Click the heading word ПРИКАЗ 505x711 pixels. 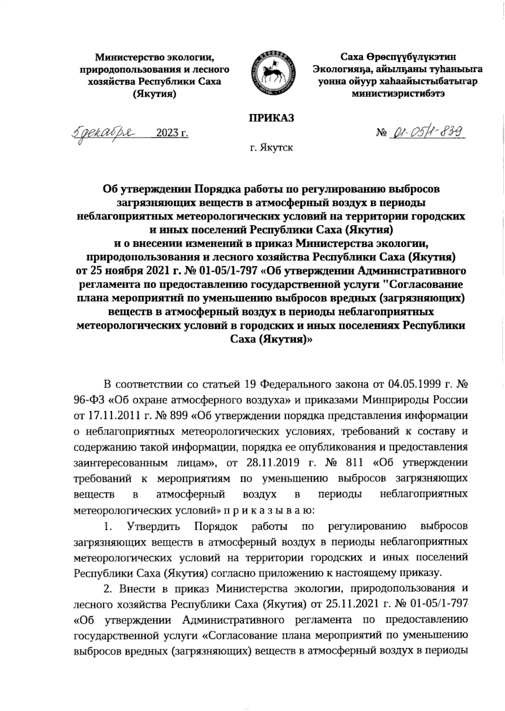coord(270,118)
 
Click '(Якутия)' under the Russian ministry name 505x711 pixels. coord(154,94)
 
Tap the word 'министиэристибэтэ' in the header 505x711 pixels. coord(398,94)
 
